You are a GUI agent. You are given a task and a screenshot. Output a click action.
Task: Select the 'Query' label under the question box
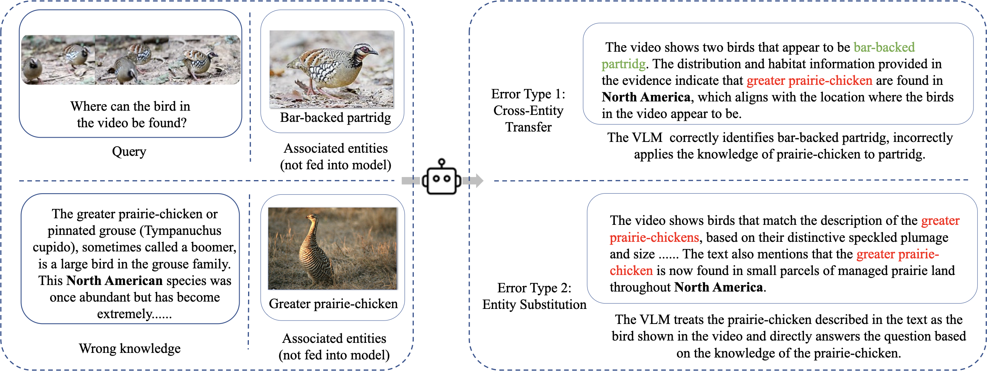tap(129, 152)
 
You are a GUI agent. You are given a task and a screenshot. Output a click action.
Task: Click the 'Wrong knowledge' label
tap(130, 348)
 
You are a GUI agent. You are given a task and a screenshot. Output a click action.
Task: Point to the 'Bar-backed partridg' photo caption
tap(335, 117)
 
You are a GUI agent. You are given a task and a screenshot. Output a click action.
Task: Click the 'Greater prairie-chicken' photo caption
tap(333, 304)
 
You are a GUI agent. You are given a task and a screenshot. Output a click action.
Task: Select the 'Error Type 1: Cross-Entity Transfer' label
tap(528, 110)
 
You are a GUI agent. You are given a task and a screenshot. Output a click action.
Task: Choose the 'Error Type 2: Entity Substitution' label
tap(534, 296)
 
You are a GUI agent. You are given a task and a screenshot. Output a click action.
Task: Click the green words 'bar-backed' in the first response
tap(884, 47)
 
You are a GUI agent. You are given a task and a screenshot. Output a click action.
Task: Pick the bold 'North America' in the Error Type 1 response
tap(646, 97)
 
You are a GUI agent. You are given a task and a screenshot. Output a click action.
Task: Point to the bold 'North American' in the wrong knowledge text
tap(114, 281)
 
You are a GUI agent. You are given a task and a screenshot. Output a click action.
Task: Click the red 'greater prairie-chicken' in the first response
tap(809, 81)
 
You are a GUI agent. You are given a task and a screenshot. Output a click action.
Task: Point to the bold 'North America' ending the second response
tap(719, 287)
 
